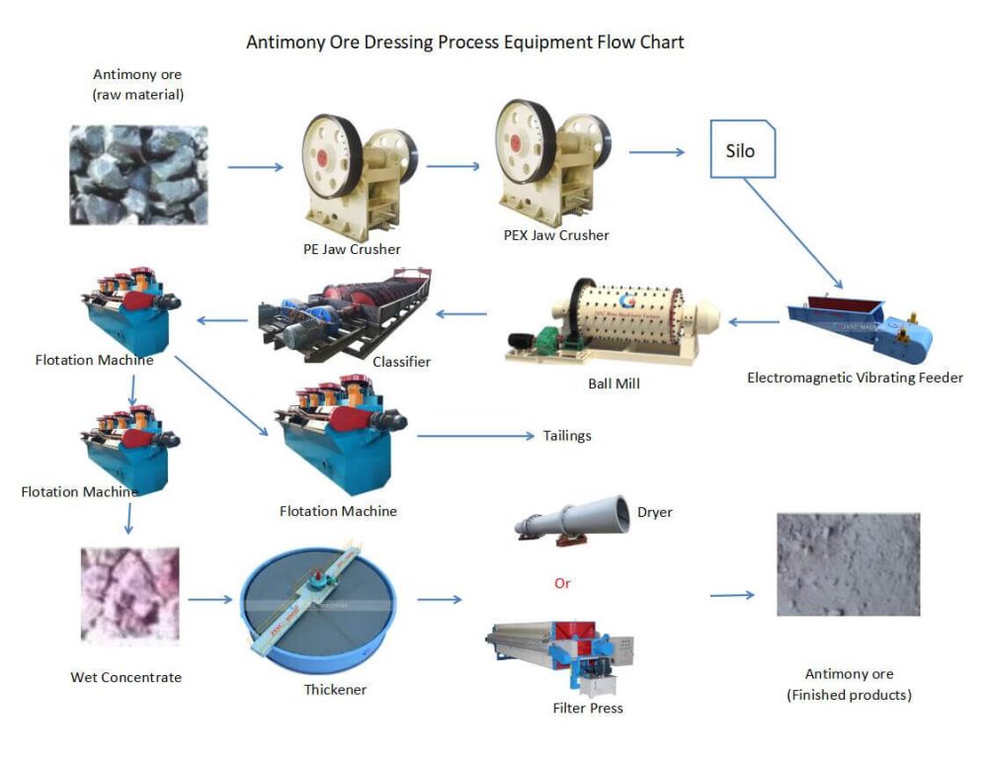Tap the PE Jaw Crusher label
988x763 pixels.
pyautogui.click(x=352, y=249)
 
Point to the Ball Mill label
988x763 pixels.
pyautogui.click(x=613, y=382)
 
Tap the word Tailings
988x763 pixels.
pyautogui.click(x=567, y=435)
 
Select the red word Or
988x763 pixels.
pyautogui.click(x=562, y=583)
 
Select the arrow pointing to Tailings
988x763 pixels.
pyautogui.click(x=473, y=435)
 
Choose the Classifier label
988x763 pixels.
pyautogui.click(x=401, y=362)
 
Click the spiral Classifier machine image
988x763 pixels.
pyautogui.click(x=346, y=312)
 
